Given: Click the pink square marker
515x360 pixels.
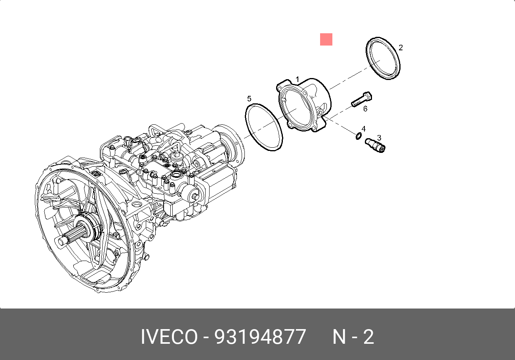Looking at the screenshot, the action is pos(326,39).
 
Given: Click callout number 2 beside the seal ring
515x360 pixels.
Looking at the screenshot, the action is pos(401,48).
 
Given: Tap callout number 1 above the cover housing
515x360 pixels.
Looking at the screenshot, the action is pos(297,80).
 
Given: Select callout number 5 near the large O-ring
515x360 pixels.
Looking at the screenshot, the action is pos(249,99).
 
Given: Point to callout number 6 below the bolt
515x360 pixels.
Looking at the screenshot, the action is pos(365,109).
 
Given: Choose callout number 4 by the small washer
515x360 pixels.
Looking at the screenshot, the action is pos(364,129).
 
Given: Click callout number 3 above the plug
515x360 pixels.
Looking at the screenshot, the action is pos(379,138).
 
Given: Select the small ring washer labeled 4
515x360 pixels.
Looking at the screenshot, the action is pos(359,136).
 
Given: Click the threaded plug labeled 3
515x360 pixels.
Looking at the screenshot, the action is pos(375,145).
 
